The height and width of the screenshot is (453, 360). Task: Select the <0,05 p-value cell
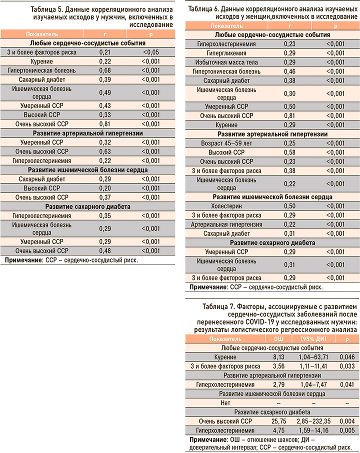[151, 51]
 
